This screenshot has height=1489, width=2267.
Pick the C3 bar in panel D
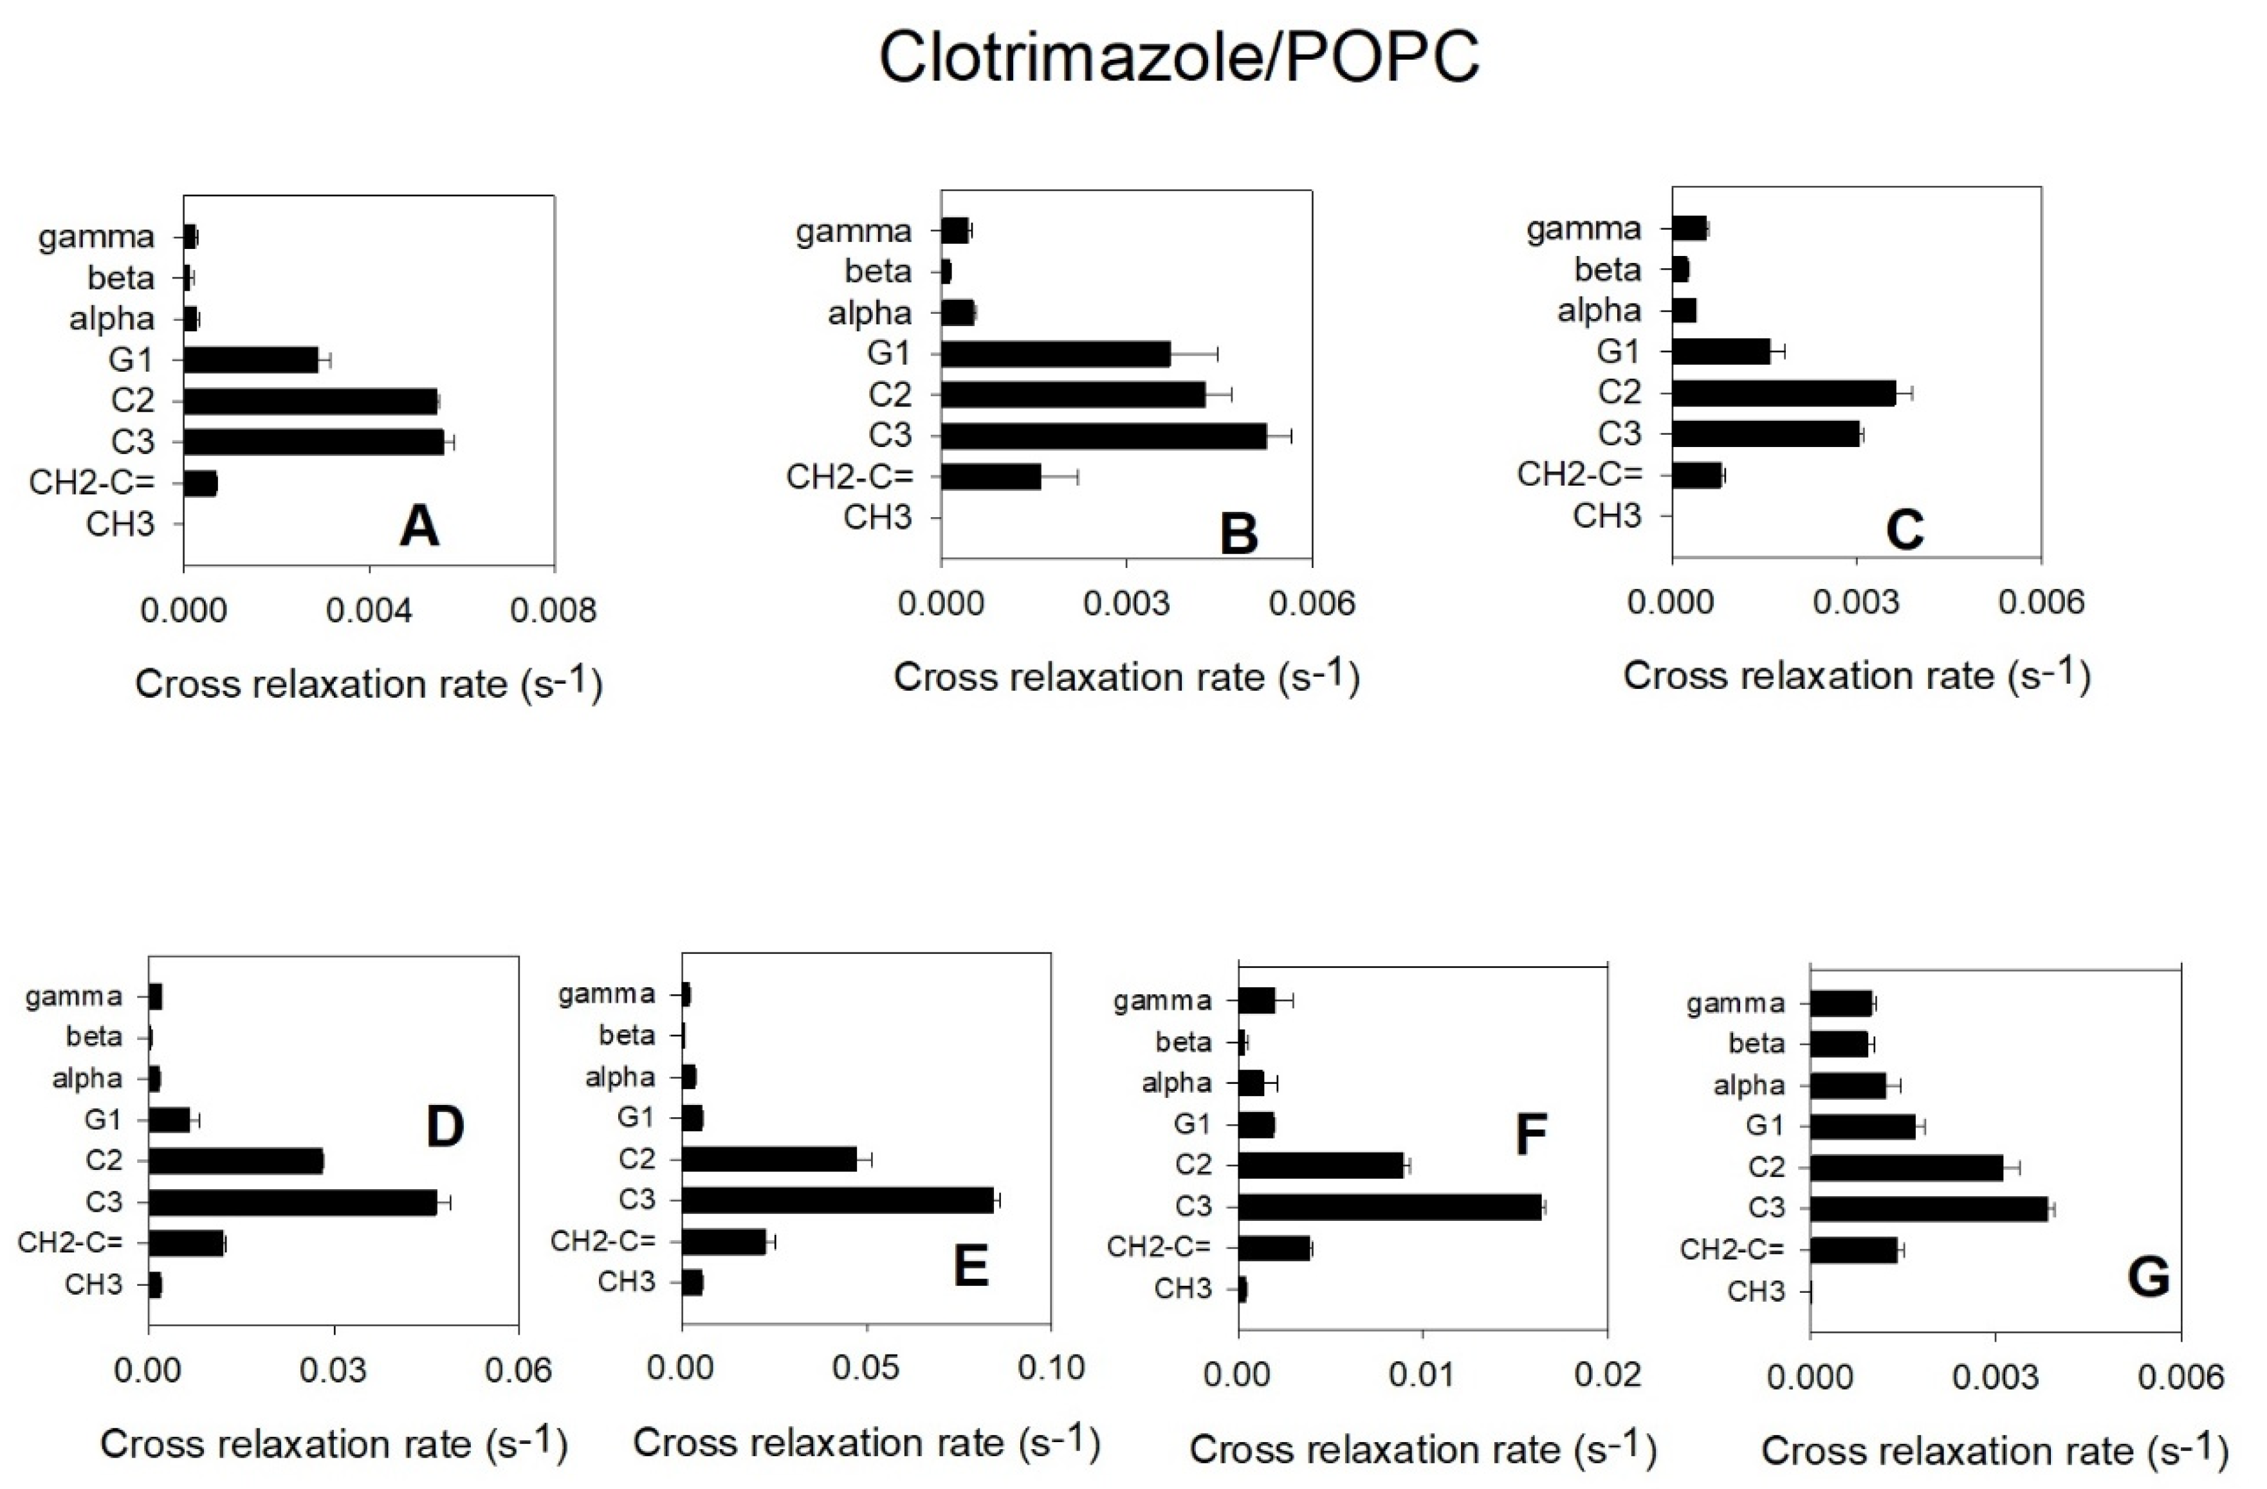pos(293,1202)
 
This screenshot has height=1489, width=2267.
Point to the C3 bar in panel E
pos(838,1200)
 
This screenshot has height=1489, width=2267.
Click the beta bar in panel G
pos(1839,1044)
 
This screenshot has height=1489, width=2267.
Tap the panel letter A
pos(419,526)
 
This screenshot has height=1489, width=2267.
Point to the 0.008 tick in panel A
pos(553,610)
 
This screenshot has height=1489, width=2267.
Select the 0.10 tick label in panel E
pos(1051,1368)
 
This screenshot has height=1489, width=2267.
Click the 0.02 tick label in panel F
pos(1608,1374)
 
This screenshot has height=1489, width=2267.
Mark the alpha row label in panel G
pos(1749,1086)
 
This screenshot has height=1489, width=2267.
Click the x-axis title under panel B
pos(1126,677)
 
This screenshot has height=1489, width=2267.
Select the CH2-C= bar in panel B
pos(991,477)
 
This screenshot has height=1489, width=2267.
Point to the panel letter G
pos(2148,1277)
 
